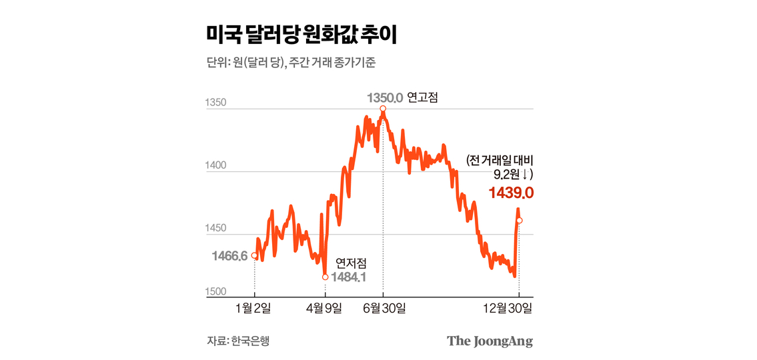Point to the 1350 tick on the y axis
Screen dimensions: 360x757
tap(216, 103)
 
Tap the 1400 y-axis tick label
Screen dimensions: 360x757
tap(216, 166)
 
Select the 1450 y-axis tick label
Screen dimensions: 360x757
tap(216, 229)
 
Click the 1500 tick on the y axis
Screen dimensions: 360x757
tap(216, 292)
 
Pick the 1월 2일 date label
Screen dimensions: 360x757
tap(254, 308)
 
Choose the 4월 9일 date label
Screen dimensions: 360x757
tap(325, 308)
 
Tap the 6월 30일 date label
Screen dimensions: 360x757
tap(383, 308)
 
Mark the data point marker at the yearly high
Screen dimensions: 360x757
tap(383, 109)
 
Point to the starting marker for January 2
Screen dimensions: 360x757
tap(254, 255)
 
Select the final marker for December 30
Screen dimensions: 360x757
tap(519, 221)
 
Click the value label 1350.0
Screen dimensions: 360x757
tap(385, 98)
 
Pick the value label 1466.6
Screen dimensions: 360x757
tap(229, 256)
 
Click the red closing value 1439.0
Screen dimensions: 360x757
tap(511, 193)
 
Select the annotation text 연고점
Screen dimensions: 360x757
tap(422, 98)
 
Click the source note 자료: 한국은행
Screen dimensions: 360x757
tap(238, 341)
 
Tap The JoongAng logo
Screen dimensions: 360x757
tap(490, 341)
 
